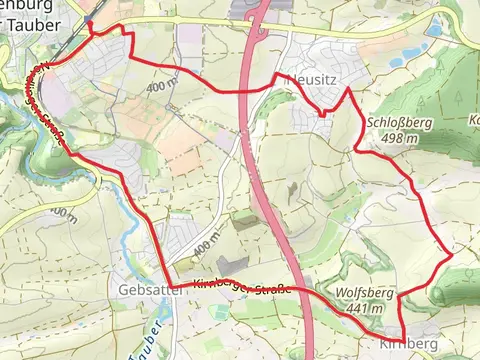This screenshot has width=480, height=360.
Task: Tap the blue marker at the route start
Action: pyautogui.click(x=88, y=20)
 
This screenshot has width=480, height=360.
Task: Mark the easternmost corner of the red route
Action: pyautogui.click(x=452, y=255)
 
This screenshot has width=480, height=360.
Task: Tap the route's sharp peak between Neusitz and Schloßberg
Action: pyautogui.click(x=347, y=89)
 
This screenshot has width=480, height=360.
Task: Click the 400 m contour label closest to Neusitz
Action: pyautogui.click(x=160, y=86)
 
